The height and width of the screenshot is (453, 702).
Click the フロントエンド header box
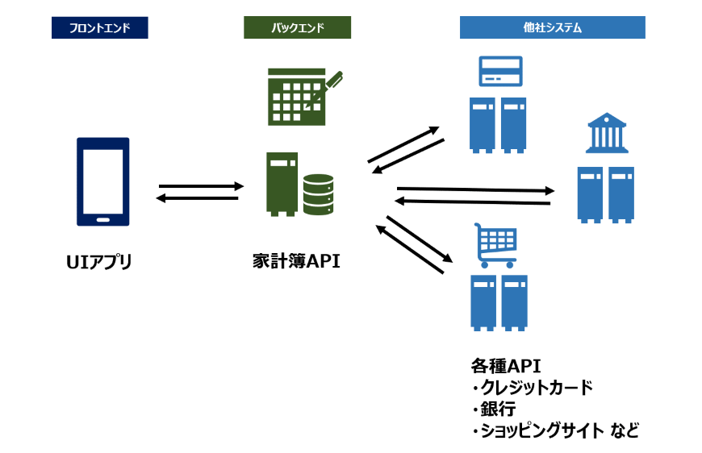click(100, 27)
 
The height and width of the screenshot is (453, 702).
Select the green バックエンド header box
click(297, 27)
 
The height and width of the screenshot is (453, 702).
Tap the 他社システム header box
click(553, 27)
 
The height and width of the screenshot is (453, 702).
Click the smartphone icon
click(103, 181)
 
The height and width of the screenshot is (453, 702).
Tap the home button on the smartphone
click(103, 219)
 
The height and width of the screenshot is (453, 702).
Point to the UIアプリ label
click(99, 262)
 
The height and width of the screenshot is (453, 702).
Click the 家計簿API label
click(296, 261)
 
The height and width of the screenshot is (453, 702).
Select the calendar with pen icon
click(305, 97)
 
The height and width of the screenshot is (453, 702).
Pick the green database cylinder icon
click(318, 194)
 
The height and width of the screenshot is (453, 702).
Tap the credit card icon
click(500, 71)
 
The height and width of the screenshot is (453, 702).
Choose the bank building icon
click(607, 133)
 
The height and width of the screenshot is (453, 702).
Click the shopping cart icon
click(495, 246)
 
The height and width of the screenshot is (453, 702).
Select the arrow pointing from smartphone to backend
click(202, 186)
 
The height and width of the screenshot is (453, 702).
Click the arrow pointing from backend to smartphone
click(197, 197)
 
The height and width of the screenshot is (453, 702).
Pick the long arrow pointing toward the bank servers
click(475, 189)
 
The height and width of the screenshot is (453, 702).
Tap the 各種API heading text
click(505, 366)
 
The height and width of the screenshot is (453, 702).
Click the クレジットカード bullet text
click(537, 388)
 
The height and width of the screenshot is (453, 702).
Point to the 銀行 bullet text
click(498, 409)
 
